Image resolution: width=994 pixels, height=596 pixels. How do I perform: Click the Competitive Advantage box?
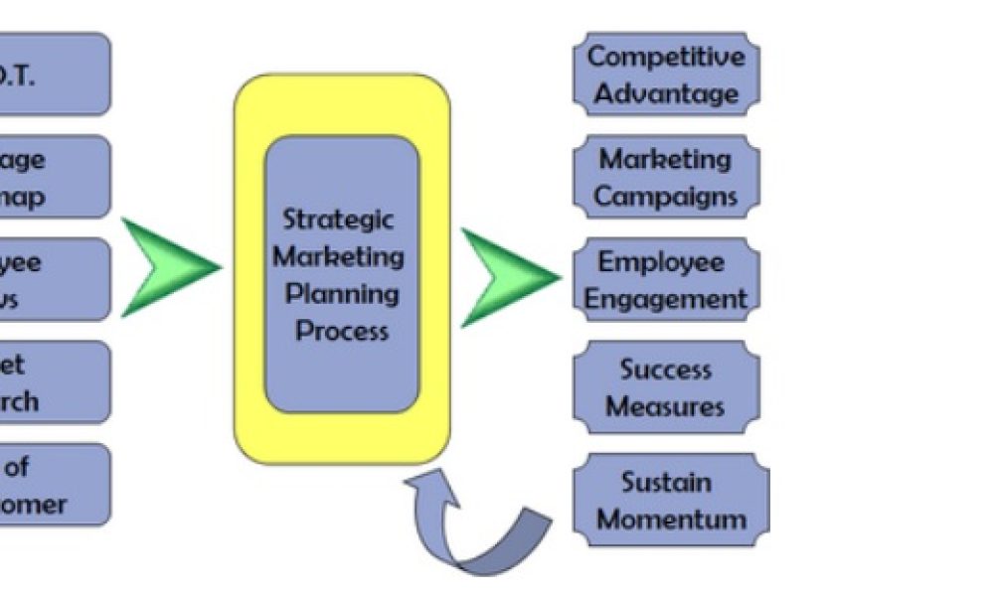point(666,74)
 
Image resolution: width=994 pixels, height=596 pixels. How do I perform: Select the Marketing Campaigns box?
point(666,177)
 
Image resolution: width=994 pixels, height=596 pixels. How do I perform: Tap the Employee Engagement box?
point(666,280)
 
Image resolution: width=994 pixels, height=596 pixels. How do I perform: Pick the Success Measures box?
point(666,387)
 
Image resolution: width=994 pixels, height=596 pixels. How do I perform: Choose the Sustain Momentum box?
point(671,500)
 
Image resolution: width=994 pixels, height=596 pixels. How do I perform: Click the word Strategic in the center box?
point(338,219)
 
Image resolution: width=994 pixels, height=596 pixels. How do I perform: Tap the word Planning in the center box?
point(342,294)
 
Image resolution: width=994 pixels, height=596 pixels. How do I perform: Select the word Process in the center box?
point(342,331)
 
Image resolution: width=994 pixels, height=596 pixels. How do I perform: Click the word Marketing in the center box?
point(339,256)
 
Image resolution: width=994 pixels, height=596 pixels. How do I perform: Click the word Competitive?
point(666,57)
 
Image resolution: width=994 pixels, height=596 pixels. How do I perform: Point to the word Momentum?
point(671,520)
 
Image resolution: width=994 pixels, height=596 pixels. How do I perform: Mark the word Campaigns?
point(666,196)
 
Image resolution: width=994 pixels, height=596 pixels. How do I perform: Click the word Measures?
point(666,406)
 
